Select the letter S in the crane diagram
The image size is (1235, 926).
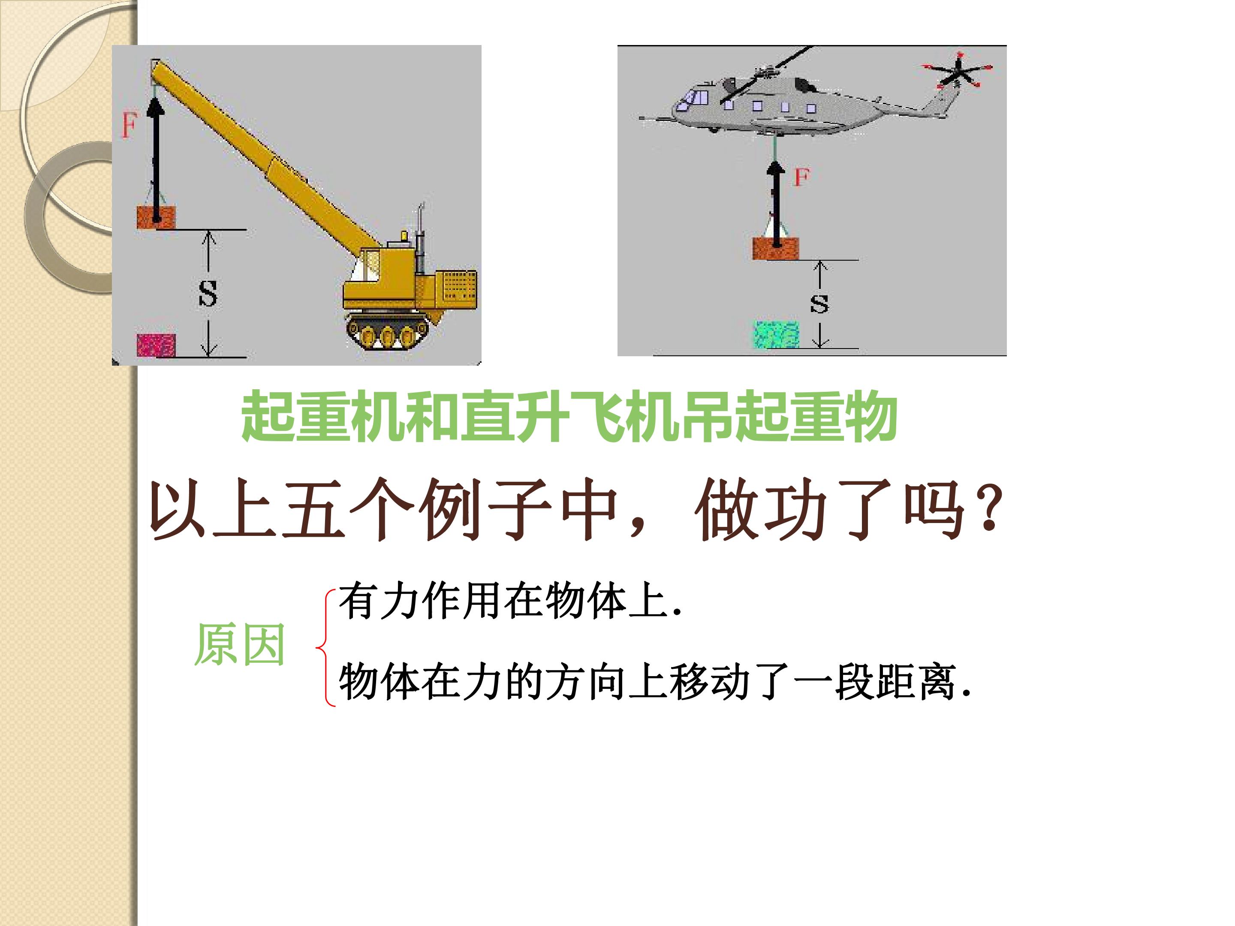coord(208,294)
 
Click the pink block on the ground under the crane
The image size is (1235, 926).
coord(157,346)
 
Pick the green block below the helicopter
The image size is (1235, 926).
coord(777,334)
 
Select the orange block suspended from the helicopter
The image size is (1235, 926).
coord(775,248)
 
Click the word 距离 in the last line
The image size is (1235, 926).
coord(916,682)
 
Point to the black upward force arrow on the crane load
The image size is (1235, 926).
coord(156,159)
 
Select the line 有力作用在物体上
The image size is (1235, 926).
coord(510,601)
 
